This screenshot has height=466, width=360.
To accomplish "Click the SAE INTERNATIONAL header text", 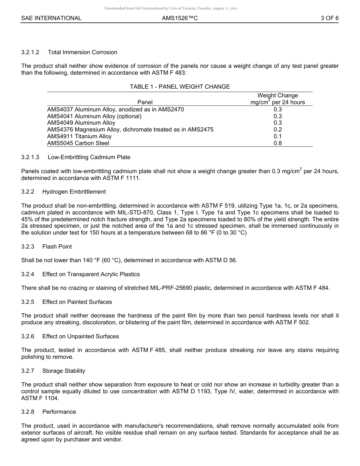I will click(x=51, y=18).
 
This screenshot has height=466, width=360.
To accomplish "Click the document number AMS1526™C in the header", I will click(x=180, y=18).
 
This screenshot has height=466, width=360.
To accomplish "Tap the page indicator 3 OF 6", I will click(x=329, y=18).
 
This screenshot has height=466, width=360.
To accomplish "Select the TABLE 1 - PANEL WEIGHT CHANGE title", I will click(x=180, y=87).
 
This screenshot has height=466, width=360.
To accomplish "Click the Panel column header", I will click(x=145, y=102).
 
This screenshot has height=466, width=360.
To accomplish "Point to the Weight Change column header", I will click(x=277, y=96).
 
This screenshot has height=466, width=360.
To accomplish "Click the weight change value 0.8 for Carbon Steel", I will click(x=277, y=143).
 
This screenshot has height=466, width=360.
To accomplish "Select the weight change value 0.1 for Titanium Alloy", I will click(x=277, y=136).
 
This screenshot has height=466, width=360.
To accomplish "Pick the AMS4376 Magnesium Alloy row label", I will click(x=130, y=130).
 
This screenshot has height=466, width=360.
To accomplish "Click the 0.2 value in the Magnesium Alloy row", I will click(x=277, y=130).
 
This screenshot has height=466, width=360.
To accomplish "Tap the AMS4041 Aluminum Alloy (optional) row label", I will click(x=94, y=116).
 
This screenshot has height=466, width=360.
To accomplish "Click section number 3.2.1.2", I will click(x=30, y=52).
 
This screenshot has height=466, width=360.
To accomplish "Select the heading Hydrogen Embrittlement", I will click(x=74, y=192).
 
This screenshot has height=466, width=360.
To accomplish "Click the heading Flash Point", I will click(x=57, y=247).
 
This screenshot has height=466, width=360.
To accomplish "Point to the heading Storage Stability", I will click(x=64, y=371).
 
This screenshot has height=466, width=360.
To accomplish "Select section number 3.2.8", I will click(x=28, y=412).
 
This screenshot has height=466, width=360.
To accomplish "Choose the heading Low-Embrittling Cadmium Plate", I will click(x=89, y=157).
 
